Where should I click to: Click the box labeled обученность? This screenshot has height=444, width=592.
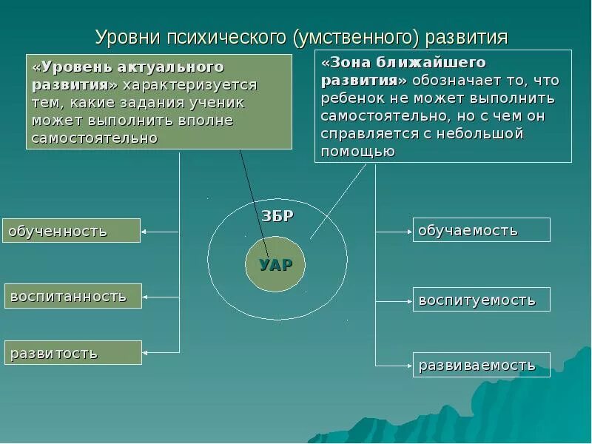[x=71, y=231]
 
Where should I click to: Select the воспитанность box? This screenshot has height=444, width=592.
[x=73, y=296]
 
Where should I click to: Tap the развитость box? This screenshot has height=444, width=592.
[x=73, y=352]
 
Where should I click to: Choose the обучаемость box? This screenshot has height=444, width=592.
[x=481, y=230]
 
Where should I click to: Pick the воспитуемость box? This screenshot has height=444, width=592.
[x=481, y=300]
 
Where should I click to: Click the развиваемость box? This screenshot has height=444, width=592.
[x=481, y=365]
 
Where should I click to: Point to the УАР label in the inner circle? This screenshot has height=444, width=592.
[x=275, y=265]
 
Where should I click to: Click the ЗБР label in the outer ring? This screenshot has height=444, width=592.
[x=277, y=216]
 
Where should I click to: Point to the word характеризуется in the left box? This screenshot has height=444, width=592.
[x=190, y=85]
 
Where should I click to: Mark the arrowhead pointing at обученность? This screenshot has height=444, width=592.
[x=144, y=232]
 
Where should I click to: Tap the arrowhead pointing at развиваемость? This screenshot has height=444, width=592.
[x=408, y=365]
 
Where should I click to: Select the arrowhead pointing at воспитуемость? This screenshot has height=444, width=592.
[x=408, y=300]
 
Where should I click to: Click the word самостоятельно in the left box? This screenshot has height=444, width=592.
[x=94, y=138]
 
